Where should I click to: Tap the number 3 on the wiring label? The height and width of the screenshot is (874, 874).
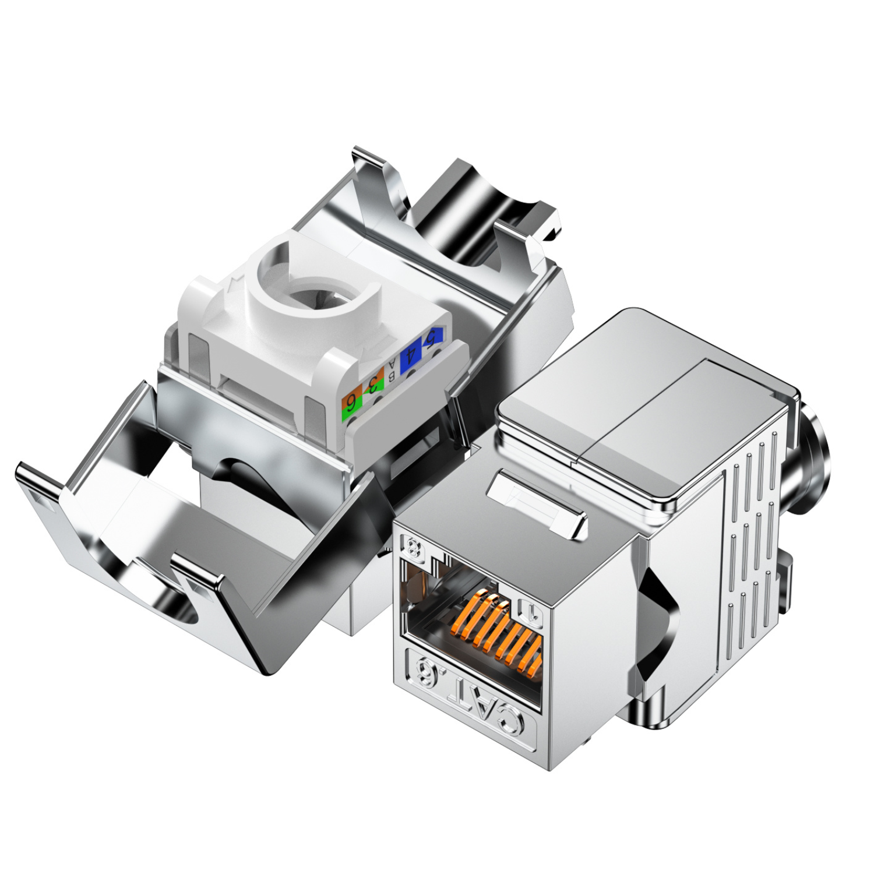pos(373,385)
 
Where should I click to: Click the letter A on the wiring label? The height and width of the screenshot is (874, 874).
pos(392,363)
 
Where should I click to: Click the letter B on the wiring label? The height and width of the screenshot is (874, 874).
pos(392,375)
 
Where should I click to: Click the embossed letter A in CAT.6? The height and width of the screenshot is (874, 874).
pos(484,708)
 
